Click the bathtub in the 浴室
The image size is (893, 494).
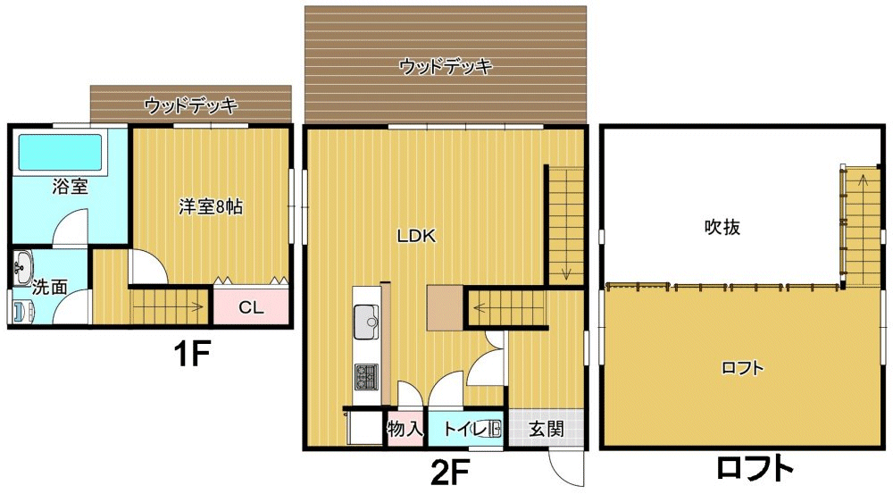[61, 152]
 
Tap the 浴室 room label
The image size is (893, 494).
[70, 187]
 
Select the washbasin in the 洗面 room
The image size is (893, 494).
[23, 268]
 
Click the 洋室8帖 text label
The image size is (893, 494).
[211, 206]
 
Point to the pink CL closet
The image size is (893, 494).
[251, 307]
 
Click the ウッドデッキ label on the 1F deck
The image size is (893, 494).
[190, 105]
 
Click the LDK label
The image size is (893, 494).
[416, 236]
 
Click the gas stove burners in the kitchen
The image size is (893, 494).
[366, 377]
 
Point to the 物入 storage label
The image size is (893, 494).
[405, 429]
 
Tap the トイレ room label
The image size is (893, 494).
[464, 429]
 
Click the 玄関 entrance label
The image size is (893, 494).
[547, 429]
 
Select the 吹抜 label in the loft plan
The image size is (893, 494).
[722, 227]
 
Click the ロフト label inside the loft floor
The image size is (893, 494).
[742, 368]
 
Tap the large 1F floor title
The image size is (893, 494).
[192, 355]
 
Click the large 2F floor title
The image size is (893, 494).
[450, 471]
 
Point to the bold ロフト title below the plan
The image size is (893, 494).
[755, 468]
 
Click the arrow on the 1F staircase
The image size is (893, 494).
[169, 307]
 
